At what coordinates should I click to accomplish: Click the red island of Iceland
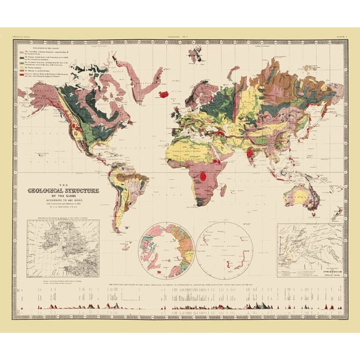click(165, 94)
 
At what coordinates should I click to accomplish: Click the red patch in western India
click(250, 152)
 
